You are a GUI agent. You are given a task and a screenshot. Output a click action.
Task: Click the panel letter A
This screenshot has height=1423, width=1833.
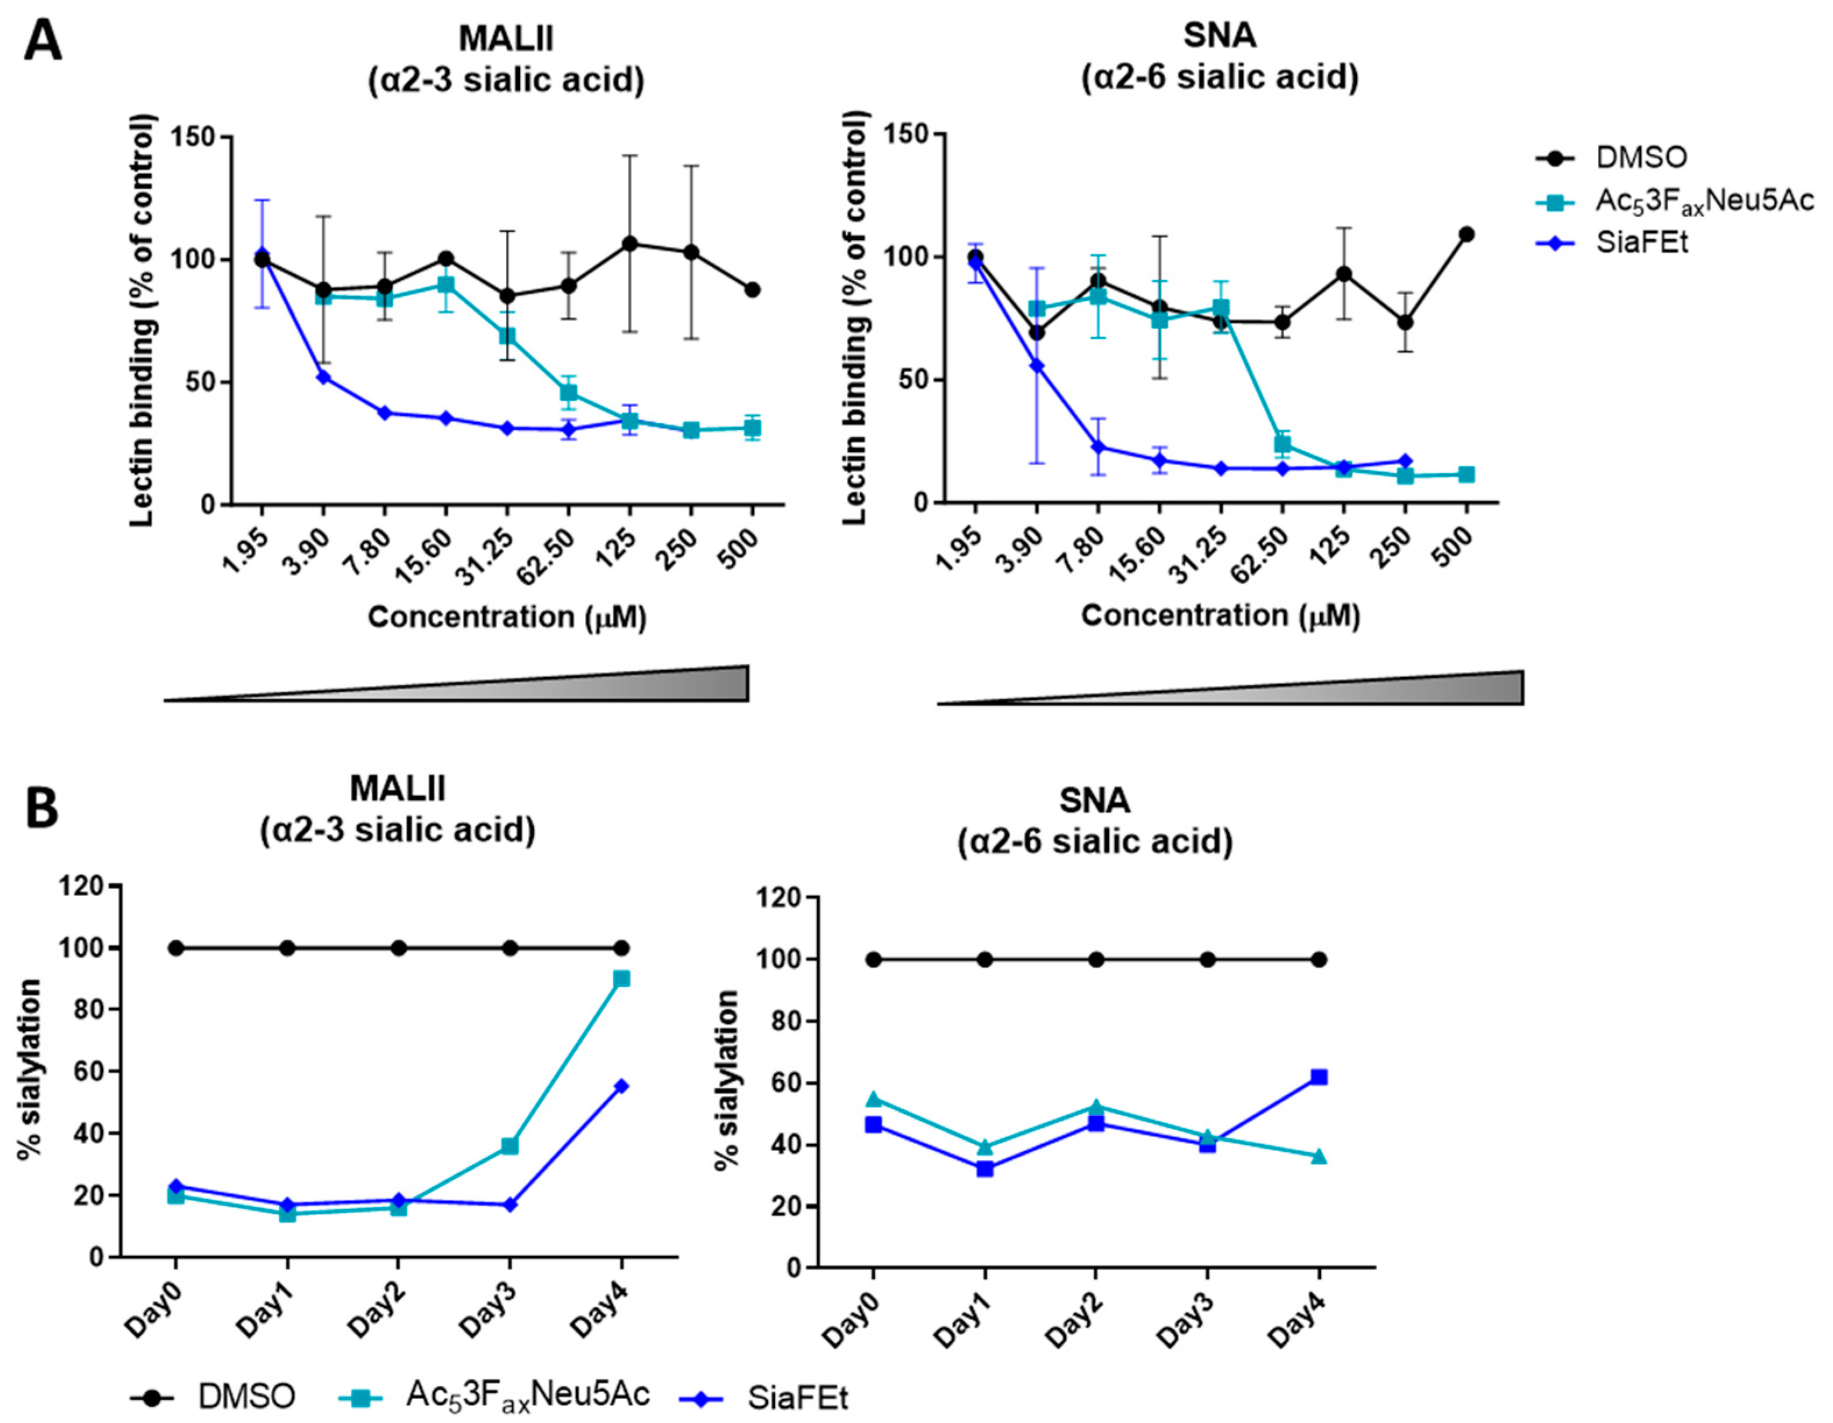[x=42, y=40]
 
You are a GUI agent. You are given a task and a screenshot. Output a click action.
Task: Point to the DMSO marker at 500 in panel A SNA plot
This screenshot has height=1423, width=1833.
[x=1466, y=234]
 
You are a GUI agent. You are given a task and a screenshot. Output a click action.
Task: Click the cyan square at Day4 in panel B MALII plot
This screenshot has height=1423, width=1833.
[x=621, y=979]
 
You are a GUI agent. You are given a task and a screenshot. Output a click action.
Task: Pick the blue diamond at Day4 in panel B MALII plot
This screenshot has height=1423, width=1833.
[x=621, y=1086]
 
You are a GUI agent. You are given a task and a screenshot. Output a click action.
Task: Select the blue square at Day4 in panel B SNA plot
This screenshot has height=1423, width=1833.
[x=1318, y=1077]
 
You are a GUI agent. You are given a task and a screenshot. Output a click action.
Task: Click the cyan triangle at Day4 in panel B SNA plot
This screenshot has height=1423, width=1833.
[x=1318, y=1156]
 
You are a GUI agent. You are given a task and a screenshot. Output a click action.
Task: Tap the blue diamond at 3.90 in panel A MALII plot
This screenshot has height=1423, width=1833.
[x=322, y=377]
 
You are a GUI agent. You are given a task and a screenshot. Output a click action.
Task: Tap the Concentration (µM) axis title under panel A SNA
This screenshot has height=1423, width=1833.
[x=1219, y=616]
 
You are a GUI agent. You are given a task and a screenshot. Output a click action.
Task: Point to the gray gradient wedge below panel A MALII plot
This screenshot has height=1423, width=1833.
[x=587, y=686]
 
